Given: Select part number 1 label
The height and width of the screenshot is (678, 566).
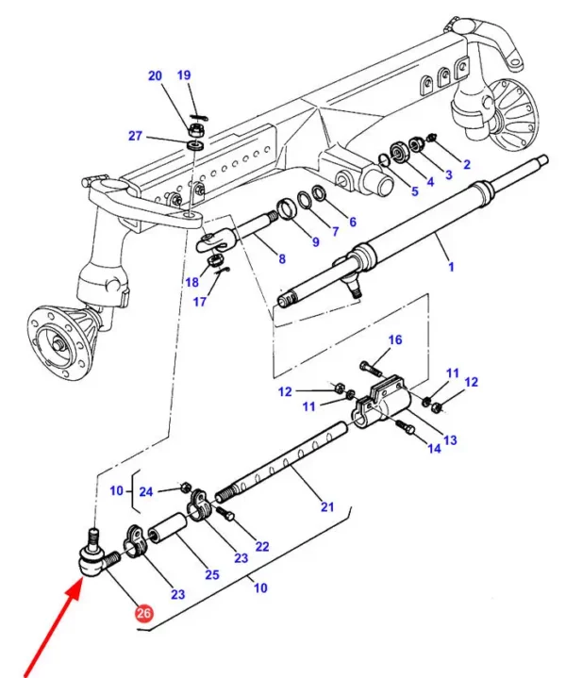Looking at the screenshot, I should [451, 267].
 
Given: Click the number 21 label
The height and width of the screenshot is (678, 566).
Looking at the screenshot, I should [326, 507].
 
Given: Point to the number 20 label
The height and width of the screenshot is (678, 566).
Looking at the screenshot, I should [155, 75].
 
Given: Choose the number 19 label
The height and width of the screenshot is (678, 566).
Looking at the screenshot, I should [184, 74].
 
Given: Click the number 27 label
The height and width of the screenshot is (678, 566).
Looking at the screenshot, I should [135, 136].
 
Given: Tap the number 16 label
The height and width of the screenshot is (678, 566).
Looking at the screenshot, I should [394, 339].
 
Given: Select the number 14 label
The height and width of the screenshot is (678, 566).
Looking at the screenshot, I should [433, 450].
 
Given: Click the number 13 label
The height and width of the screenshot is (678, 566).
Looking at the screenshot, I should [449, 440].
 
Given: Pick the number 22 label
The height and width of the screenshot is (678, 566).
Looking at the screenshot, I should [261, 547].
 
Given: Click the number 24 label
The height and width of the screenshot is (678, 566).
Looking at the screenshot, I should [145, 491].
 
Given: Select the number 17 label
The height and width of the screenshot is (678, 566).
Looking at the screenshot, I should [200, 303].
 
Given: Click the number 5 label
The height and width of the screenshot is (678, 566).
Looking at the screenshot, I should [413, 191].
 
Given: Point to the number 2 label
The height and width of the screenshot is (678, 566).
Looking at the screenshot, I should [465, 164].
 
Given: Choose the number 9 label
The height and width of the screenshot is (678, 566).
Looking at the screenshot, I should [315, 241].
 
